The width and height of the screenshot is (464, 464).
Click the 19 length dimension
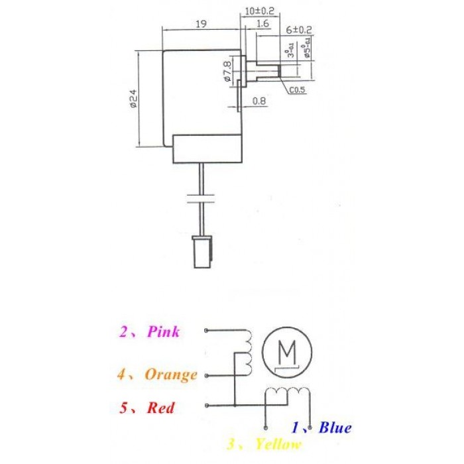[202, 24]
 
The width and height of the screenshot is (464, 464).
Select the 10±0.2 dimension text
[260, 11]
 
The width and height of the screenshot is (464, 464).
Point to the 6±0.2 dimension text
[299, 30]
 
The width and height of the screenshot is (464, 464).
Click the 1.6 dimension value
[261, 24]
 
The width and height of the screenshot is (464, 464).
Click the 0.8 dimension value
[259, 101]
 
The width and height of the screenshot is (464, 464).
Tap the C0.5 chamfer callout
[297, 89]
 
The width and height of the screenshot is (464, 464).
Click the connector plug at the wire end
[202, 251]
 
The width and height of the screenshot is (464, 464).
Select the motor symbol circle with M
[287, 351]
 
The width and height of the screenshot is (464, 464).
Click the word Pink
[163, 331]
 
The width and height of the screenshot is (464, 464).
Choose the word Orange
[171, 375]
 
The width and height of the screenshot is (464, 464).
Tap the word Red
[161, 408]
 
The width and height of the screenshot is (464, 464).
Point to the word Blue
[335, 428]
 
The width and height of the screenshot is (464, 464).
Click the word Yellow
[278, 444]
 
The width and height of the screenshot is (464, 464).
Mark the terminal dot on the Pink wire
[207, 330]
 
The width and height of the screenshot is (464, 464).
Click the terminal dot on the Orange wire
[207, 375]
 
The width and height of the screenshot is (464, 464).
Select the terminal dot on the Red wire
[207, 406]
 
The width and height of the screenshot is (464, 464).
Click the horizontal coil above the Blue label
[286, 394]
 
